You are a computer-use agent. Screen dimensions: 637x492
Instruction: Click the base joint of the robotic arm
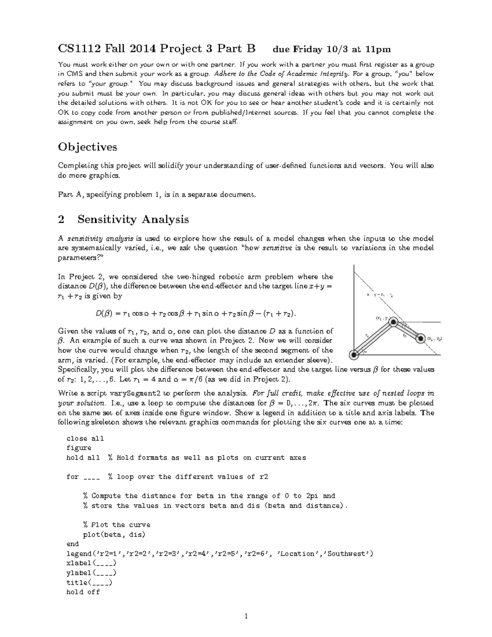(x=353, y=354)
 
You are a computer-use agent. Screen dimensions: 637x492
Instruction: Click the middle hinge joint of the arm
(x=393, y=323)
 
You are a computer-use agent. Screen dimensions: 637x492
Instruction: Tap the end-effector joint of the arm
(x=420, y=339)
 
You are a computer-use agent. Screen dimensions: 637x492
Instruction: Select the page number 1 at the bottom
(x=246, y=616)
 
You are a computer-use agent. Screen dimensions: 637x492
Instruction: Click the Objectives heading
(x=87, y=147)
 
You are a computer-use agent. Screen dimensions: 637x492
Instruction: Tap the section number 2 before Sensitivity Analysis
(x=61, y=219)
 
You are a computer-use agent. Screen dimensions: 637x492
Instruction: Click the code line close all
(x=85, y=438)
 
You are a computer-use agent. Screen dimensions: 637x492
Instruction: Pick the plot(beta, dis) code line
(x=114, y=534)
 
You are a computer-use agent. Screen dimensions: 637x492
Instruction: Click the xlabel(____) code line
(x=91, y=563)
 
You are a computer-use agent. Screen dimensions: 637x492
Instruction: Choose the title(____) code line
(x=89, y=582)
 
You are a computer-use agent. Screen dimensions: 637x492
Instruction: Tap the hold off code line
(x=83, y=592)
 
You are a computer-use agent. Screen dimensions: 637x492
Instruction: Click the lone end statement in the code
(x=73, y=544)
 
